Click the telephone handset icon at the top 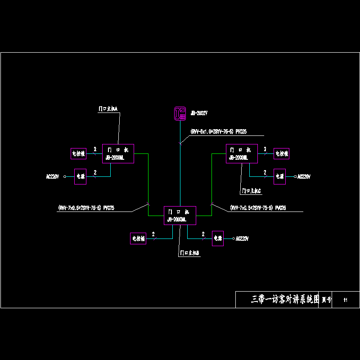pos(180,113)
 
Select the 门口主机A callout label pos(108,109)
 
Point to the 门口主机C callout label pos(252,191)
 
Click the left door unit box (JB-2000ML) pos(118,154)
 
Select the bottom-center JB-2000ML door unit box pos(180,215)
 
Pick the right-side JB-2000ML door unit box pos(241,154)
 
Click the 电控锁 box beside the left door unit pos(78,153)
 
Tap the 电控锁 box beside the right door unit pos(281,153)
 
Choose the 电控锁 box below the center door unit pos(138,238)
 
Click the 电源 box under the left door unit pos(81,176)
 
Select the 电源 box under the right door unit pos(279,176)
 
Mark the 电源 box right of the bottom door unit pos(218,238)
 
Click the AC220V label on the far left pos(53,176)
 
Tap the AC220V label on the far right pos(304,177)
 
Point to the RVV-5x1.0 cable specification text pos(218,131)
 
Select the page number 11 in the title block pos(345,300)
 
